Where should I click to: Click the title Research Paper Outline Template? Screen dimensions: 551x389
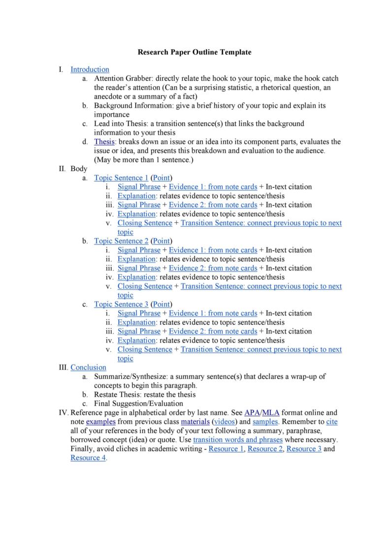[194, 52]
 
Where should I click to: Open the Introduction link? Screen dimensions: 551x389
[90, 69]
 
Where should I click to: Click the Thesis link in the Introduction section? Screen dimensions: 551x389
[104, 141]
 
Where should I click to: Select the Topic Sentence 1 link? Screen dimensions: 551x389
[121, 177]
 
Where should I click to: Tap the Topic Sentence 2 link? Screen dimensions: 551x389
[121, 241]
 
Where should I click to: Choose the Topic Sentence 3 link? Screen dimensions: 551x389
[121, 304]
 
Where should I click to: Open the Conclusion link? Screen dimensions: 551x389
[88, 367]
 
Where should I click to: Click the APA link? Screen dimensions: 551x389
[252, 413]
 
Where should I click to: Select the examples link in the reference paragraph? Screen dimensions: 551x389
[100, 422]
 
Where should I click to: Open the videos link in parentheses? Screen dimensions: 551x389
[224, 422]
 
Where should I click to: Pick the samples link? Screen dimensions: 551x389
[266, 422]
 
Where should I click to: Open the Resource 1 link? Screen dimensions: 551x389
[226, 449]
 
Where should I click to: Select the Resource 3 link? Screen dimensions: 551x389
[304, 449]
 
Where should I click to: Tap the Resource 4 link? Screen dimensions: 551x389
[88, 458]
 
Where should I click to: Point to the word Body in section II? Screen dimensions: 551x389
[79, 169]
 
